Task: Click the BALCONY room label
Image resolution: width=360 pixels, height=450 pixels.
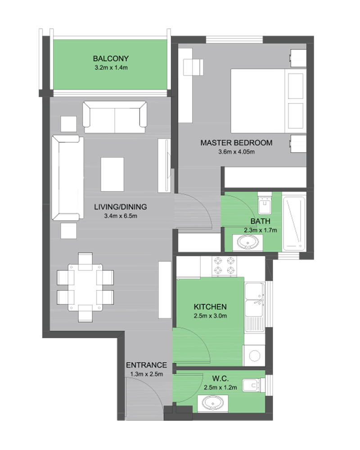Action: click(x=111, y=58)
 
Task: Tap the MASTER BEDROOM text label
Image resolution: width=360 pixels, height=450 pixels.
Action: click(x=236, y=143)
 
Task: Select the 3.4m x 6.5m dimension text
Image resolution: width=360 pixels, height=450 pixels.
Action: click(x=121, y=216)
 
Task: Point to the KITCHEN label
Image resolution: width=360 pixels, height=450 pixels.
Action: click(x=210, y=307)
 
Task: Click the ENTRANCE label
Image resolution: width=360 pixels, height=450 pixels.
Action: click(x=146, y=365)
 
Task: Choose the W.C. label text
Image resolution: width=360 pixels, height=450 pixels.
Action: click(x=220, y=378)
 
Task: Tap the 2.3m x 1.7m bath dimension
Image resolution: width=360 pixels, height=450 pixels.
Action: click(x=261, y=230)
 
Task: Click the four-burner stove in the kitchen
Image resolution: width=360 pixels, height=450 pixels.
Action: click(x=225, y=265)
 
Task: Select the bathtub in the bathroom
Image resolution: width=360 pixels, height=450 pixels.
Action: click(x=294, y=223)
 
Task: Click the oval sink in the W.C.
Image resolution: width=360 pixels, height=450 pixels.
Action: click(x=213, y=403)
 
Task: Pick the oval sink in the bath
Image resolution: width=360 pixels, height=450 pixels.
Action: click(x=247, y=242)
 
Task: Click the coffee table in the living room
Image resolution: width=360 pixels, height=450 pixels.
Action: click(x=112, y=174)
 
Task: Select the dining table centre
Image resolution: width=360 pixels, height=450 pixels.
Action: click(x=85, y=287)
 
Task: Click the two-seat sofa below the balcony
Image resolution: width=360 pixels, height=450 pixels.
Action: click(x=115, y=117)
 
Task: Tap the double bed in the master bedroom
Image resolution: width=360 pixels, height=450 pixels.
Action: click(x=268, y=101)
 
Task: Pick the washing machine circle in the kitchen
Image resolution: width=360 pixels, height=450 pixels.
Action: click(x=255, y=356)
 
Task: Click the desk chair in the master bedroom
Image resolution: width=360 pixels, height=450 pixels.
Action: click(x=193, y=67)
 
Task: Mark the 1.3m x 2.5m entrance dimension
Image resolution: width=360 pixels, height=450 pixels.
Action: click(x=146, y=374)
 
